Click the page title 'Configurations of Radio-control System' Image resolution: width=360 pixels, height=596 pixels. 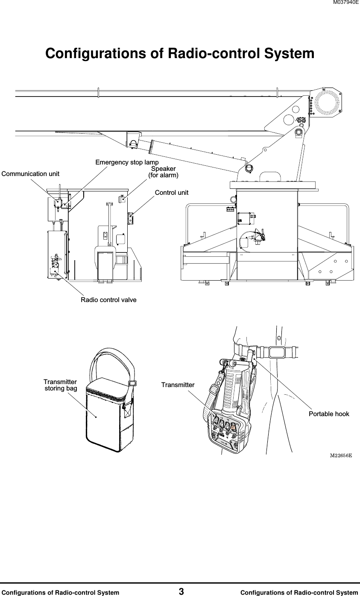180,54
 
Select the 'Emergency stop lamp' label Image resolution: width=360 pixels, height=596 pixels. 127,162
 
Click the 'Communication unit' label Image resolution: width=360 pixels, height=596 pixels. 31,174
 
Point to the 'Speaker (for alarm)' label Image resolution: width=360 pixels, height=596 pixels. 163,172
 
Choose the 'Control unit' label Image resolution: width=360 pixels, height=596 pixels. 171,193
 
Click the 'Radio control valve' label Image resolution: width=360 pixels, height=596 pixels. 108,300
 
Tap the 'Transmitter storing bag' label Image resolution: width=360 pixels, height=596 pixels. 61,385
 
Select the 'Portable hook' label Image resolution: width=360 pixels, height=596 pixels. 329,414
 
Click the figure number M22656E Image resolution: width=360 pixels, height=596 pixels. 341,455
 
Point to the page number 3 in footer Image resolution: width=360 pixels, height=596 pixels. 181,592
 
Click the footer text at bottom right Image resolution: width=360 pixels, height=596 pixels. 299,592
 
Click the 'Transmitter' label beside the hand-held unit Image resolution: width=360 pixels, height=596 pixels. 178,385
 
